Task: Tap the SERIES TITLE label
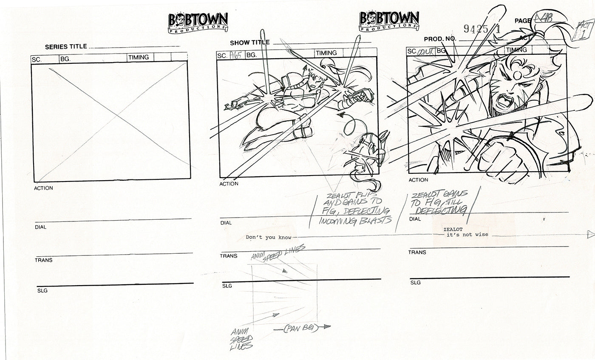66,47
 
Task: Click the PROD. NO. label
440,39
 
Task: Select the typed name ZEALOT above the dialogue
451,228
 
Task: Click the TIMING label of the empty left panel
138,57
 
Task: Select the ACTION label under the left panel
43,188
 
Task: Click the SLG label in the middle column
227,286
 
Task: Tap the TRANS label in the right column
417,252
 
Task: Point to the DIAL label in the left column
40,227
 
